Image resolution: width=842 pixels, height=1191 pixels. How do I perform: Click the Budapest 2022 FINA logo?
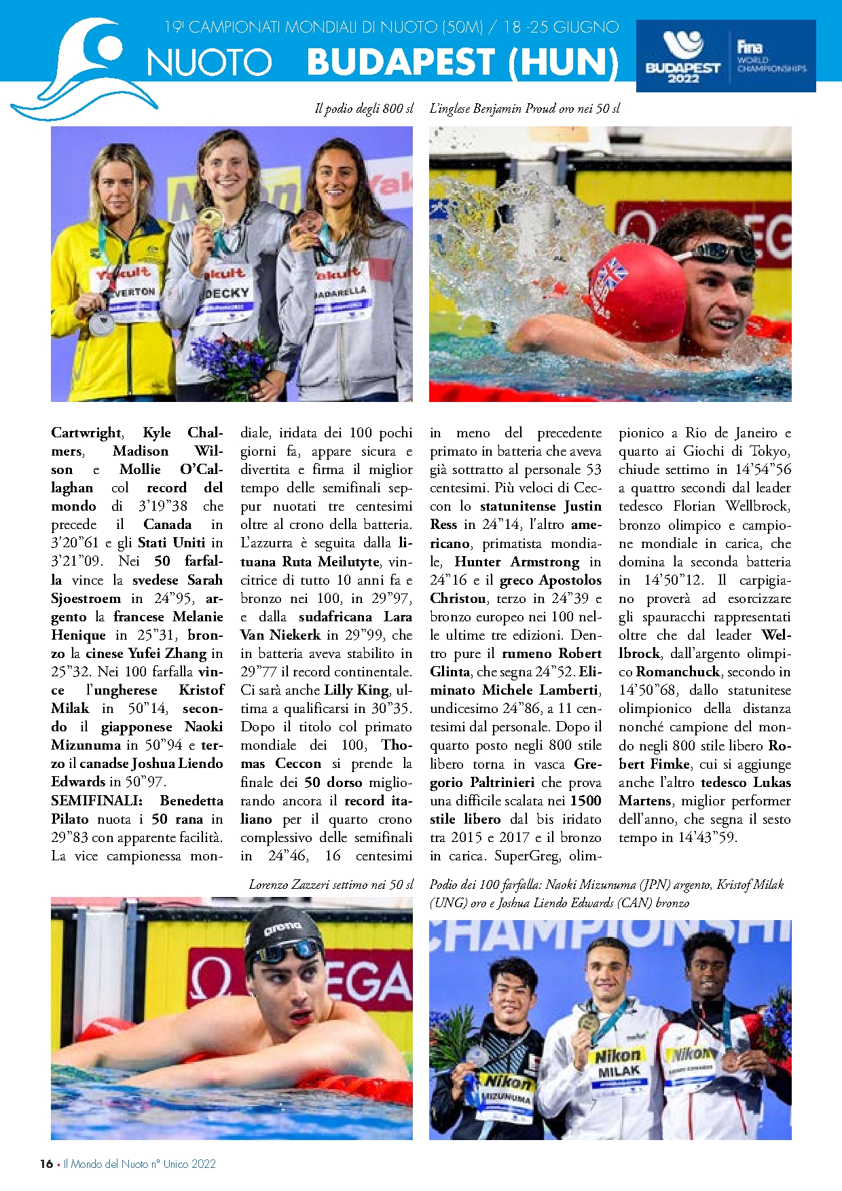(725, 56)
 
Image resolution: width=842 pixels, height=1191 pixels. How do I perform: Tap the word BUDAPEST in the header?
(404, 62)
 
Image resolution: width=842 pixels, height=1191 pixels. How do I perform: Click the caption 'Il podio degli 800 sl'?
(364, 109)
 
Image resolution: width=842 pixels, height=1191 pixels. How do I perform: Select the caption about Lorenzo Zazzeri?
(331, 884)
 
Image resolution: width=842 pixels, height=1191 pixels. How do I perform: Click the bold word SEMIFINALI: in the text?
(96, 801)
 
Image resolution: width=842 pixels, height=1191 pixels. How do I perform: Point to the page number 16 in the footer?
(46, 1163)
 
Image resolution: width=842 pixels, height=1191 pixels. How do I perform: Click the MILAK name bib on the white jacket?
(619, 1071)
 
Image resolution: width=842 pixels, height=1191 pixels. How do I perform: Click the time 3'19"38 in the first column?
(163, 506)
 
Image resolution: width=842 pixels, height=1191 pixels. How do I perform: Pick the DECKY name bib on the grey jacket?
(227, 293)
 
